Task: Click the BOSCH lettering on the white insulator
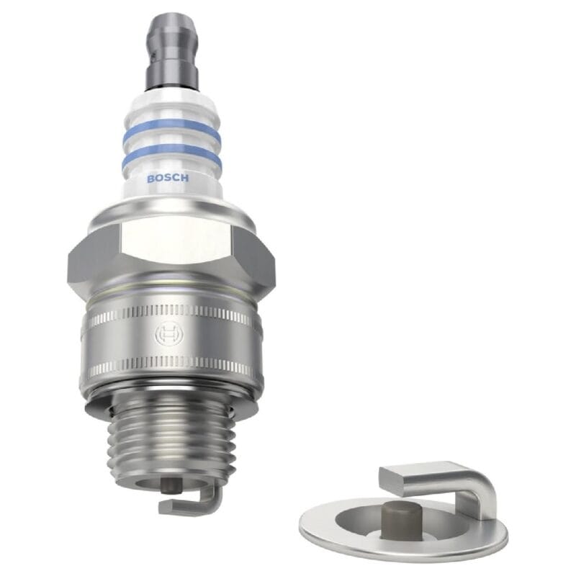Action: pyautogui.click(x=168, y=179)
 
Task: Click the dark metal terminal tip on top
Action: pyautogui.click(x=171, y=51)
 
